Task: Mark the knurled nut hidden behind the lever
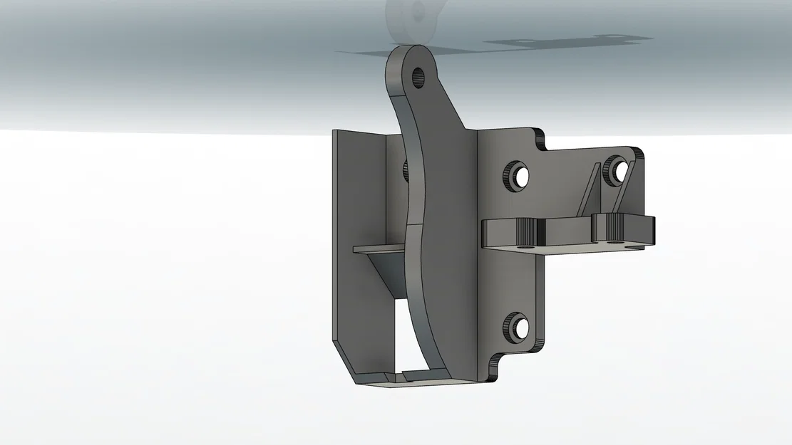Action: point(403,169)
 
